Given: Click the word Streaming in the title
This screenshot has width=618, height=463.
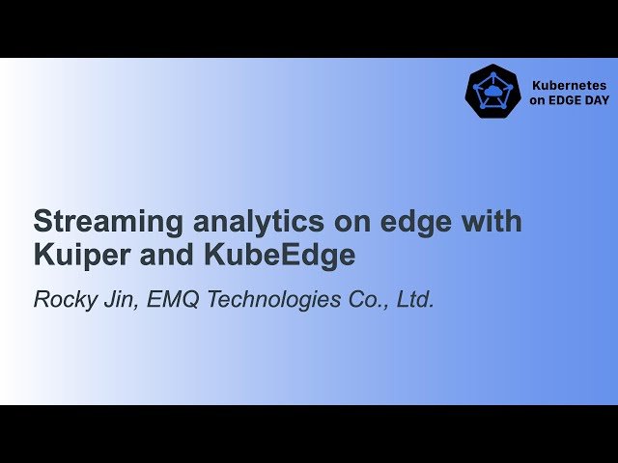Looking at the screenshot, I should pyautogui.click(x=94, y=222).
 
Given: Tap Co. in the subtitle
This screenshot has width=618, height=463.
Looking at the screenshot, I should pyautogui.click(x=366, y=300).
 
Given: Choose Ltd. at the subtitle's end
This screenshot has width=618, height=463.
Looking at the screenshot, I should pyautogui.click(x=415, y=300).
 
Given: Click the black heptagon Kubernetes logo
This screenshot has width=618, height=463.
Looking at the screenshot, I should pyautogui.click(x=493, y=92).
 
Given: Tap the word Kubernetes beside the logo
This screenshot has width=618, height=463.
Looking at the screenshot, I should pyautogui.click(x=570, y=85).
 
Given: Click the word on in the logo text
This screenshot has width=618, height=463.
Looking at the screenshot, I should pyautogui.click(x=538, y=100).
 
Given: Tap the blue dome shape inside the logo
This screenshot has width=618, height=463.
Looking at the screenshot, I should pyautogui.click(x=493, y=91).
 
